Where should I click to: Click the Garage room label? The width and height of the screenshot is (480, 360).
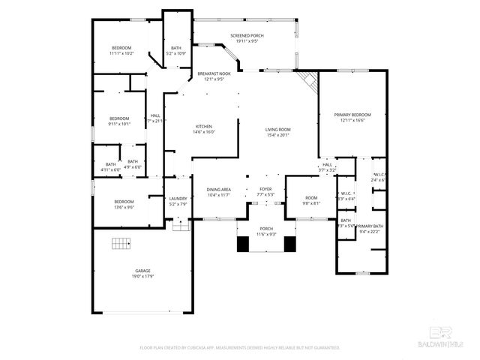coord(142,273)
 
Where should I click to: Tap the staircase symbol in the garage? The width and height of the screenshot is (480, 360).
coord(121,244)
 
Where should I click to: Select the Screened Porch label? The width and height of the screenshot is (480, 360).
coord(247,36)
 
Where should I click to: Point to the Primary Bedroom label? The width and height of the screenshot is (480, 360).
coord(352,115)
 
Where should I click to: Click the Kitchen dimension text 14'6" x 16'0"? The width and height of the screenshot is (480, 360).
coord(204,132)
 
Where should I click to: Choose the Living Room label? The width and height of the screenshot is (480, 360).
coord(277,130)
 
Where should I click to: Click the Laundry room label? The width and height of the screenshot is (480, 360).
coord(178,198)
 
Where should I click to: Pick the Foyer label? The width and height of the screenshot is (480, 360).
coord(265,189)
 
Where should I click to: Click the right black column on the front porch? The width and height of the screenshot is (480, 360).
coord(290,244)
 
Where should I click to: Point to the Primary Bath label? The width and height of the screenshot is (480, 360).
coord(370,226)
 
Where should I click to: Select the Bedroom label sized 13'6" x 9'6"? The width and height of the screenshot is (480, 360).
coord(124,201)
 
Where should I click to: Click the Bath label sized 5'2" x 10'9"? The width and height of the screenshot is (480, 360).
coord(176,48)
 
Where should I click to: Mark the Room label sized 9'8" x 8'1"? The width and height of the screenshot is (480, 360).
coord(310,198)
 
